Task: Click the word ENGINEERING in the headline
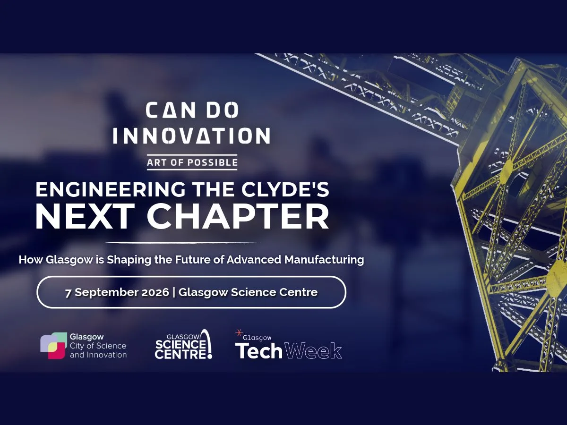(111, 190)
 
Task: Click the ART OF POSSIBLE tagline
(192, 162)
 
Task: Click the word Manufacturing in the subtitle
(324, 260)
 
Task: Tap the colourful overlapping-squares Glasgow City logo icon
(53, 346)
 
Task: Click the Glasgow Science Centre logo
(183, 345)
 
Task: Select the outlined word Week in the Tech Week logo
(313, 351)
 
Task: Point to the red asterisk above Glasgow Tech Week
(239, 333)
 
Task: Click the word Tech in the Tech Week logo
(258, 351)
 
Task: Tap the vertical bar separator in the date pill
(174, 293)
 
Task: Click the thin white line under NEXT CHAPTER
(182, 243)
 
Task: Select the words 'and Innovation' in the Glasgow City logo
(98, 355)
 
